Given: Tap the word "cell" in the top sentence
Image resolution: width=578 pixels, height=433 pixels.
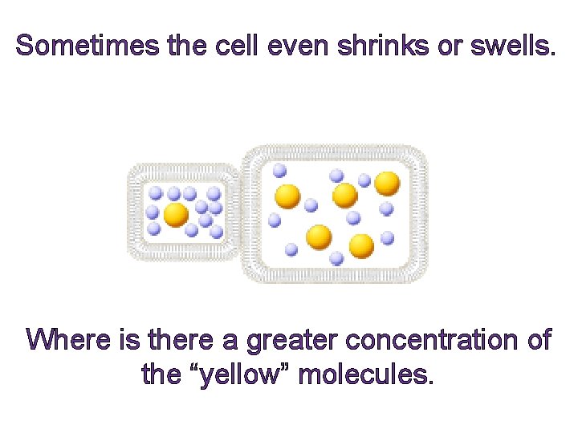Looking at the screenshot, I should (x=236, y=46).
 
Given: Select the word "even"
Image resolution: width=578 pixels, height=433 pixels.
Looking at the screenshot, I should (x=297, y=46).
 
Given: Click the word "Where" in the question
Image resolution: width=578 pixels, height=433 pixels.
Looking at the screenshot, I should (x=69, y=340).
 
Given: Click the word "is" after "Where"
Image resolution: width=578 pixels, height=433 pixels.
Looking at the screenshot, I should (x=128, y=340).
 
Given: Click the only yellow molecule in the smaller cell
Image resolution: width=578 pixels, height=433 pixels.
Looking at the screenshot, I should (x=176, y=214).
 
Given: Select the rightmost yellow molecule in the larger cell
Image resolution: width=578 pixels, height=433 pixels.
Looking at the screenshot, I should (x=387, y=184).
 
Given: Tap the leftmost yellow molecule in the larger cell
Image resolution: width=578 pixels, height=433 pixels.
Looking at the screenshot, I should (x=287, y=196).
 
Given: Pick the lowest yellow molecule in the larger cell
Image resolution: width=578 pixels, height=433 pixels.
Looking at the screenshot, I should (x=361, y=245).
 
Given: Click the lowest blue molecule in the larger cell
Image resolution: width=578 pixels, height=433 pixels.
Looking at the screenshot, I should (x=336, y=258).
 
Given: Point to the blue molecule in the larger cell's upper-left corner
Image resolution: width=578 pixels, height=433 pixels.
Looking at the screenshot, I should (x=279, y=170).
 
